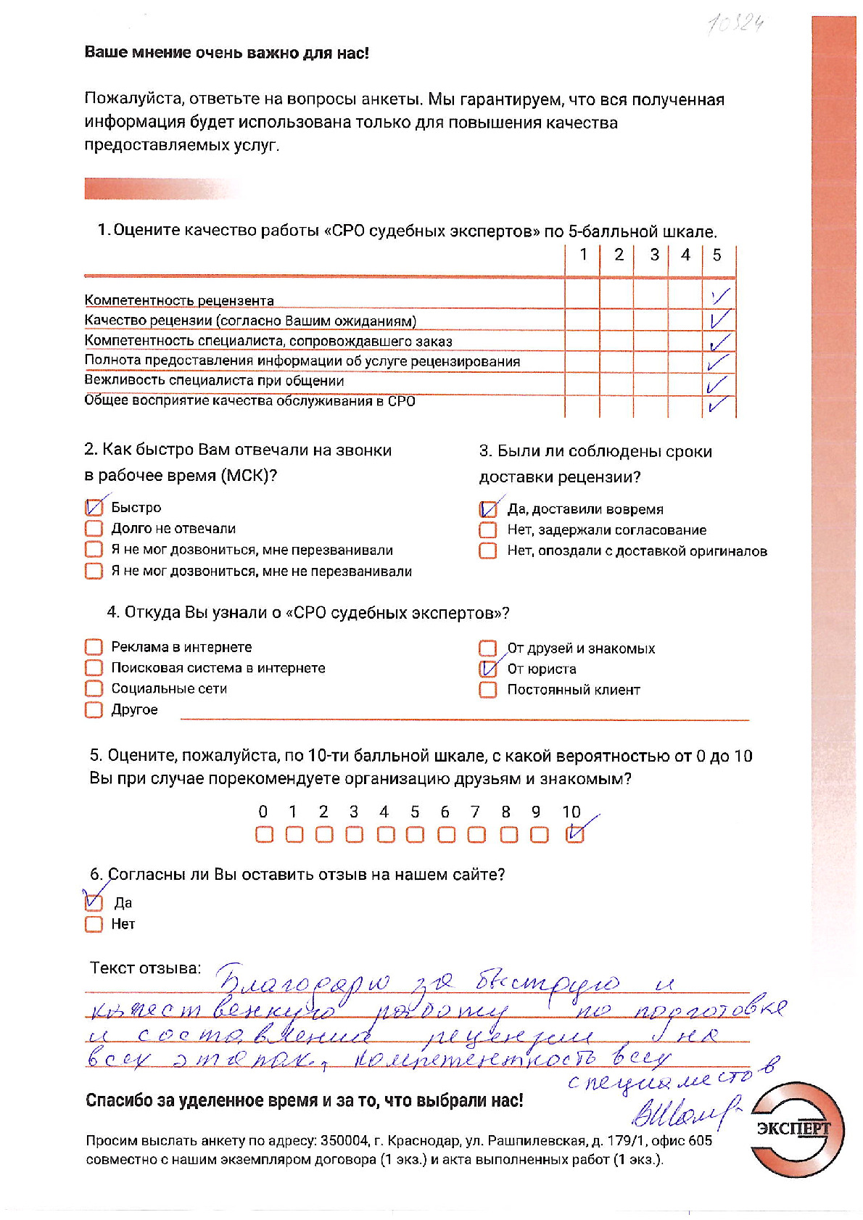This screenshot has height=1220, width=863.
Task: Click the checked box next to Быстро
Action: point(94,507)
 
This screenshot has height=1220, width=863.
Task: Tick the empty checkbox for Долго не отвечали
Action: point(94,528)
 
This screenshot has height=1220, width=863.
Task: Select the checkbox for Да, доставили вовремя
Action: point(488,509)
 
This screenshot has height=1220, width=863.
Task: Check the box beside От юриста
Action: point(488,669)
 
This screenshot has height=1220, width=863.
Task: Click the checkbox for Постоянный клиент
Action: point(488,690)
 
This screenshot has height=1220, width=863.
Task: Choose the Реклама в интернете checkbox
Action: point(94,647)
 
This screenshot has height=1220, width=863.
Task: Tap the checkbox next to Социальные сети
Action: point(94,688)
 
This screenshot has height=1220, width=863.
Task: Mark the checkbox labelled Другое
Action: point(94,709)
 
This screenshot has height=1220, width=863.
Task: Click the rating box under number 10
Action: point(574,835)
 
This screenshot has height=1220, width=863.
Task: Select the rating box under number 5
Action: point(415,835)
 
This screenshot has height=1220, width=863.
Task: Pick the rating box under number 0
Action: point(264,835)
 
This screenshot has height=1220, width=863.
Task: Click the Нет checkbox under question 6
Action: point(94,924)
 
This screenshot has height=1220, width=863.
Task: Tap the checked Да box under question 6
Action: point(94,902)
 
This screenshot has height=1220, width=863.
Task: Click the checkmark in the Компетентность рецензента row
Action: point(719,297)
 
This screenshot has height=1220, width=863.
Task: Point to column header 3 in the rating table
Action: point(654,255)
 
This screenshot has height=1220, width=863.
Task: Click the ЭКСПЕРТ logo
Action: point(796,1129)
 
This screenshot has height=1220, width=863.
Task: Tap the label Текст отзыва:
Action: point(145,968)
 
